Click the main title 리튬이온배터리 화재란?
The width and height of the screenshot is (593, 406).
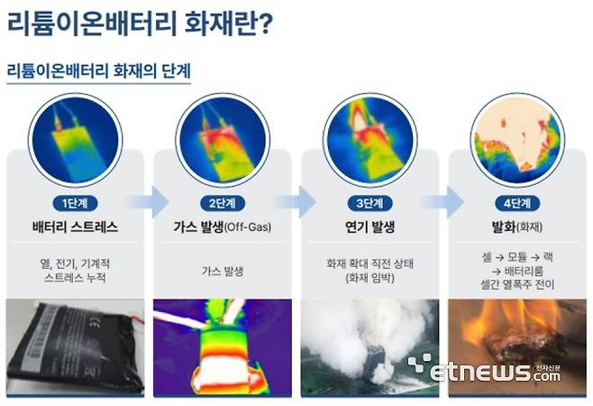coord(140,24)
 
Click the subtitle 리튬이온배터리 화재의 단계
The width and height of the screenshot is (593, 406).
coord(98,70)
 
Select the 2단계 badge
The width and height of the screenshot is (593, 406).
coord(222,201)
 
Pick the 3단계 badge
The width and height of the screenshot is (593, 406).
coord(368,201)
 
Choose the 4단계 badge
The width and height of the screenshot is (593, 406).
coord(516,201)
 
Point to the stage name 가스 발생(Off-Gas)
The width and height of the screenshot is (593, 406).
coord(222,226)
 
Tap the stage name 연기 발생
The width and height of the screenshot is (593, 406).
coord(368,226)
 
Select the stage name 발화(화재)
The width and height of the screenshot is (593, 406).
coord(516,226)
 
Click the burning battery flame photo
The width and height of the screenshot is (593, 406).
coord(516,338)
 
